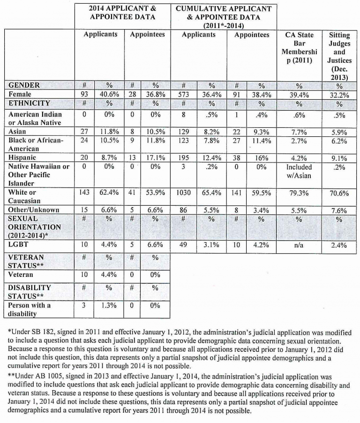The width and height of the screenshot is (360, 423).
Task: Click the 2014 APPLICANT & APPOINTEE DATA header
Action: click(x=123, y=13)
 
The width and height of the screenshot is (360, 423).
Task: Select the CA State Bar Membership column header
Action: click(x=300, y=48)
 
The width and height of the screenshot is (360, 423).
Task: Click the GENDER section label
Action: click(x=24, y=85)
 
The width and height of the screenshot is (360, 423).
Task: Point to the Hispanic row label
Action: click(x=22, y=158)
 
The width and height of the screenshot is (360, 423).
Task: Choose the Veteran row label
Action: click(x=21, y=275)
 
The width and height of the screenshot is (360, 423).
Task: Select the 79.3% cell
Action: click(x=299, y=192)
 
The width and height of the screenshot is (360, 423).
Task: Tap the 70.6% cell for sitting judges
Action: click(x=339, y=192)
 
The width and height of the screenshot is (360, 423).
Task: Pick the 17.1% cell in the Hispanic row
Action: click(x=155, y=158)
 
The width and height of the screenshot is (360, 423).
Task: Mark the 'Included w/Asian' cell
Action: click(x=299, y=171)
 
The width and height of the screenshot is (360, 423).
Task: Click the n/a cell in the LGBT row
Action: click(x=299, y=244)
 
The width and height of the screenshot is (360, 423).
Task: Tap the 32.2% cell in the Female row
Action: click(x=339, y=94)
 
